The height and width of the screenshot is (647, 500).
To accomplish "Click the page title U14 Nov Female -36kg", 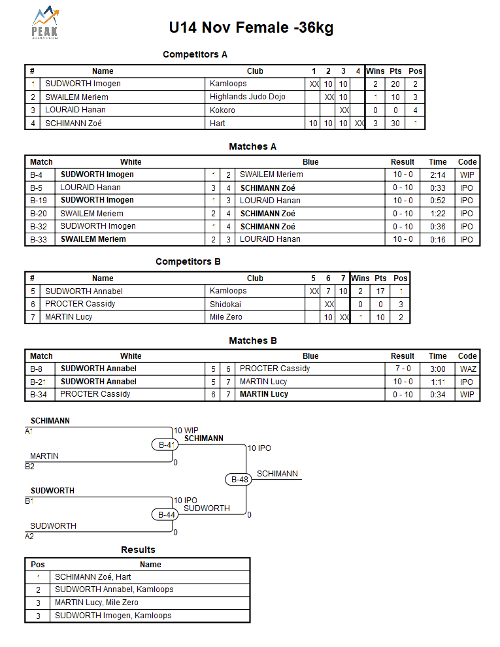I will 251,27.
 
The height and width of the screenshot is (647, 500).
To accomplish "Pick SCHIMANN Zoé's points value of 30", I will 395,123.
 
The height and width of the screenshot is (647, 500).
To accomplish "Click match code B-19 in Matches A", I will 39,200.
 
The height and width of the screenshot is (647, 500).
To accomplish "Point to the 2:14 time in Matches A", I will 437,174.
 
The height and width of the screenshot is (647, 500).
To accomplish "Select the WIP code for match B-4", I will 467,174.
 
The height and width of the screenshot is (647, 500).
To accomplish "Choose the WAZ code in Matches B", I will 467,369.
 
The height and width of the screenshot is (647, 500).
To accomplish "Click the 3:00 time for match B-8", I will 437,369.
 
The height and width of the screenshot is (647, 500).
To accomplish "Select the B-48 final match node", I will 240,479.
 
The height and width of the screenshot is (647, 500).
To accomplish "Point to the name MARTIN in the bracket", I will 44,456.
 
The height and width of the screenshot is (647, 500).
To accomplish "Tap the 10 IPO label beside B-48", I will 259,448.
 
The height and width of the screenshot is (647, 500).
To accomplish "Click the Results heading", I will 138,550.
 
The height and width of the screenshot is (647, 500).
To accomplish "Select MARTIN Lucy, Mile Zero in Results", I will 96,603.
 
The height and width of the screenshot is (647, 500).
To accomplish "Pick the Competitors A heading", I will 195,54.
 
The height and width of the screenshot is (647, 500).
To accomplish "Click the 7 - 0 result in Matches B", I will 402,369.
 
